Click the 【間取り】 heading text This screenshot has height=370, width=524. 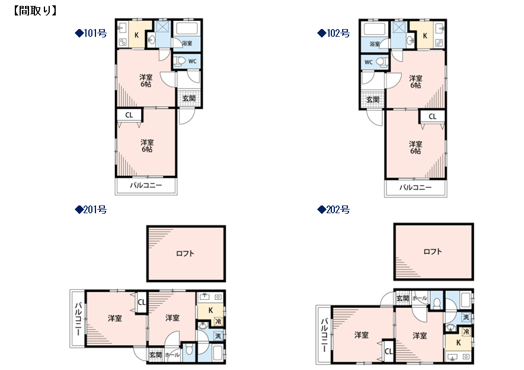35,11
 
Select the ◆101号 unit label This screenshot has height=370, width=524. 91,33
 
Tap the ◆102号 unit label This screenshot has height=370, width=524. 334,33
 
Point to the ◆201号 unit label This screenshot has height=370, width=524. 91,210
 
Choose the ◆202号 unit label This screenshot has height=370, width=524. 334,210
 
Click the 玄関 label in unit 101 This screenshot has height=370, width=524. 189,98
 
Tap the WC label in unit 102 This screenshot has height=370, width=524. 368,62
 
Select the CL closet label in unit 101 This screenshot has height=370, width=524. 129,115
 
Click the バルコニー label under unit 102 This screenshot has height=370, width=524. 416,188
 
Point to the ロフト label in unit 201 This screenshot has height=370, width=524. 185,254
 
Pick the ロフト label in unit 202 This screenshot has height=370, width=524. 433,251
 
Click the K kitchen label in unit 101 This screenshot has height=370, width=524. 136,35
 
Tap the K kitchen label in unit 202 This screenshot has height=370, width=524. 458,343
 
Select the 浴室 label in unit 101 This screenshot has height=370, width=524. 187,43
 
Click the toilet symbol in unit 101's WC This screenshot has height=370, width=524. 180,61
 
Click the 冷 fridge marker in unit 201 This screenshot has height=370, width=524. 218,321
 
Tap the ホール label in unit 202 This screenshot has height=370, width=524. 420,298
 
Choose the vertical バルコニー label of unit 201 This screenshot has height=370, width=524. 78,319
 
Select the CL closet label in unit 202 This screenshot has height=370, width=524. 388,351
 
